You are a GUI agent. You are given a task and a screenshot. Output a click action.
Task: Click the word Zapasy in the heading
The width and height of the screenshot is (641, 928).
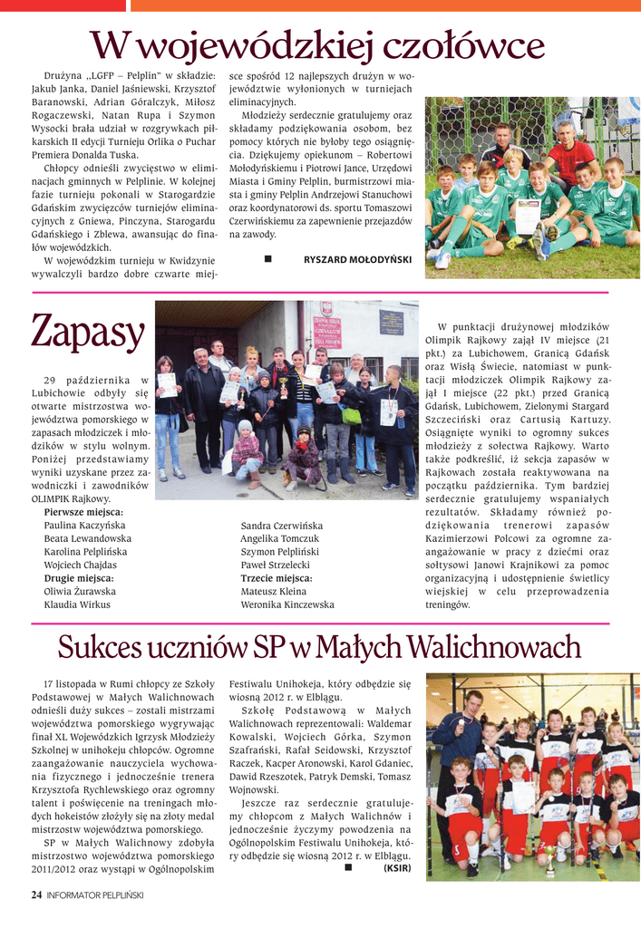tap(88, 333)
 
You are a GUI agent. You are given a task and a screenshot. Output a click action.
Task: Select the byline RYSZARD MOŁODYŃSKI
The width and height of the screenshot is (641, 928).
tap(357, 260)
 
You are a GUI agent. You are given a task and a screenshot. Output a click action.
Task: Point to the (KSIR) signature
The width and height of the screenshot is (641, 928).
tap(397, 867)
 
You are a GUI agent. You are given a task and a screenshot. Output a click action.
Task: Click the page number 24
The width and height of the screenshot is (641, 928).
tap(36, 894)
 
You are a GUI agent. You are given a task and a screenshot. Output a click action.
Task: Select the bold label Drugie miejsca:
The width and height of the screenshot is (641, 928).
tap(79, 577)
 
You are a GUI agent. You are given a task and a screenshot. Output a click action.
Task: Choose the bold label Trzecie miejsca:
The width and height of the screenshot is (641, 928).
tap(277, 577)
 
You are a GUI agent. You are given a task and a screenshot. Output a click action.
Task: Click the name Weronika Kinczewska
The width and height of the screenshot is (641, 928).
tap(287, 604)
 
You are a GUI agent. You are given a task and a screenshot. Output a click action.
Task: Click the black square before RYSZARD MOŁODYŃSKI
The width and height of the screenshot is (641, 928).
tap(268, 260)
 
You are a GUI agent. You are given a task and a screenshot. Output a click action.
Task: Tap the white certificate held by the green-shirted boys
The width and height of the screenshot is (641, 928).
tap(527, 217)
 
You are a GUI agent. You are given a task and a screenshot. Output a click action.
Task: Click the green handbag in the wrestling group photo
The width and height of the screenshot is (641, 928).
tap(351, 415)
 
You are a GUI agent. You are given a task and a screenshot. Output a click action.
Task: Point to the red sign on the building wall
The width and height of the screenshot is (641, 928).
tap(326, 332)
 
